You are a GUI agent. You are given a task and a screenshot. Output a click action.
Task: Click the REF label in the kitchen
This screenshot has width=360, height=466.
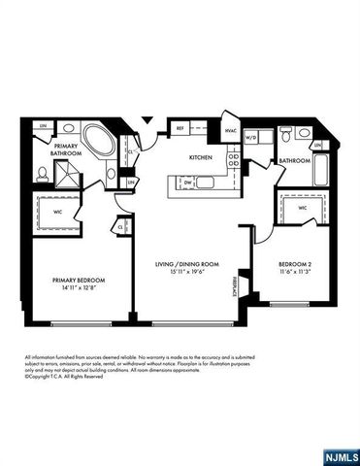pos(180,127)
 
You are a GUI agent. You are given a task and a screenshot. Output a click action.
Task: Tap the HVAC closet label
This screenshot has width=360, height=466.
pos(231,131)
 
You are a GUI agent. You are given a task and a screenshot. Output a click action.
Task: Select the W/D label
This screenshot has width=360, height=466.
pos(250,138)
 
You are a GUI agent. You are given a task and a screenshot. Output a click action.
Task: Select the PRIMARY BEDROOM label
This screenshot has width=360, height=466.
pos(79,280)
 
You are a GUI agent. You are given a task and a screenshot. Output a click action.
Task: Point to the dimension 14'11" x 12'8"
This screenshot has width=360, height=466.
pos(79,288)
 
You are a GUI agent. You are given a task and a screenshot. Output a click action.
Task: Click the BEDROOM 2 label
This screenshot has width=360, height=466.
pos(294,264)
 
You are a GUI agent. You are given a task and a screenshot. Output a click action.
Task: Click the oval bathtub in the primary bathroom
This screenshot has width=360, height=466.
pos(96,138)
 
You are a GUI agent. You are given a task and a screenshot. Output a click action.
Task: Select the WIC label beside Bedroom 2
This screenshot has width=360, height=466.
pos(303,207)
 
